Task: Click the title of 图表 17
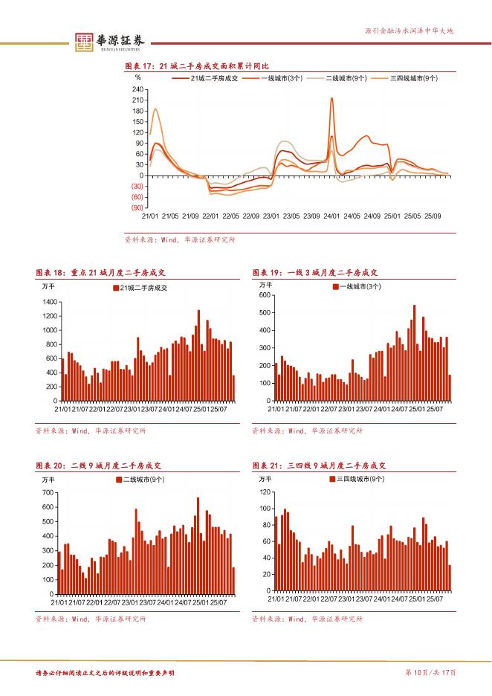(x=196, y=67)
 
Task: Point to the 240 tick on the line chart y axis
(x=137, y=89)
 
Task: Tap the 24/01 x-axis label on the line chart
(x=331, y=216)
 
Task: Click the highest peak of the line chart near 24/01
(x=331, y=99)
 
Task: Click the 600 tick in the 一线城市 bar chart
(x=265, y=295)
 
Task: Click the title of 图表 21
(x=319, y=465)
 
